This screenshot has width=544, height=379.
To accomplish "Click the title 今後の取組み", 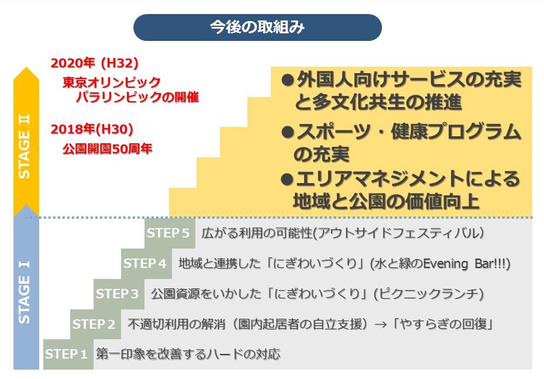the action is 257,27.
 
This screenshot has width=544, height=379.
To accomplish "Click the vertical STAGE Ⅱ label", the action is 25,146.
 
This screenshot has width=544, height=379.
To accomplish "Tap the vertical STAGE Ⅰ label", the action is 25,292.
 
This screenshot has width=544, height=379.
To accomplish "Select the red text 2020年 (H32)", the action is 95,63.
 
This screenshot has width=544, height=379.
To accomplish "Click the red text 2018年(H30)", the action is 92,129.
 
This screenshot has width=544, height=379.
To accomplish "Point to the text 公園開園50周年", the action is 108,149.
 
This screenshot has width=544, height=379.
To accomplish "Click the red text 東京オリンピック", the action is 111,82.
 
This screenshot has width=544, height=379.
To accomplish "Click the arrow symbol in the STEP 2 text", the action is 381,325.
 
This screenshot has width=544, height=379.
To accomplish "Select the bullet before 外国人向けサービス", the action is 288,81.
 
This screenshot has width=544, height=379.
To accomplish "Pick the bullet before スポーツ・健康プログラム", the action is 288,132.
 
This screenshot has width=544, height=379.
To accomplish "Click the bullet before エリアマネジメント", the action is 287,180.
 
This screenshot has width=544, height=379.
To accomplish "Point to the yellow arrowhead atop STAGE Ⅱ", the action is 26,74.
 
